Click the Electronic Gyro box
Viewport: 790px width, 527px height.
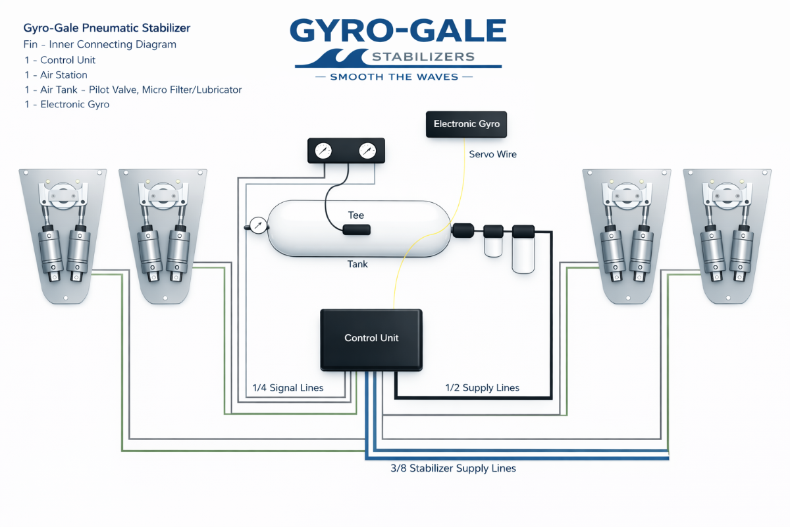(x=467, y=124)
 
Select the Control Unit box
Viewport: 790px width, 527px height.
(x=371, y=339)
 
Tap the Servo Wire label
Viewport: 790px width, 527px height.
(x=492, y=154)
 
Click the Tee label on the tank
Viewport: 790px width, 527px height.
(x=356, y=215)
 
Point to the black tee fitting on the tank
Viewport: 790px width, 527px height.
(x=356, y=230)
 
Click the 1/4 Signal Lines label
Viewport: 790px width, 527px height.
(x=288, y=388)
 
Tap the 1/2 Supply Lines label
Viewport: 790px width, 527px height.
(x=482, y=388)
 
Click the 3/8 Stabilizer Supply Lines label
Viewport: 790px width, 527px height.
(x=453, y=468)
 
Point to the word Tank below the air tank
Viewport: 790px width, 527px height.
(x=357, y=264)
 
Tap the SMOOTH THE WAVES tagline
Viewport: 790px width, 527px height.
(x=395, y=77)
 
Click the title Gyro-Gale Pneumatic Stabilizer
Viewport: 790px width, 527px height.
(x=107, y=28)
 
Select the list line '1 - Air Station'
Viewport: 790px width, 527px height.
(x=55, y=75)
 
